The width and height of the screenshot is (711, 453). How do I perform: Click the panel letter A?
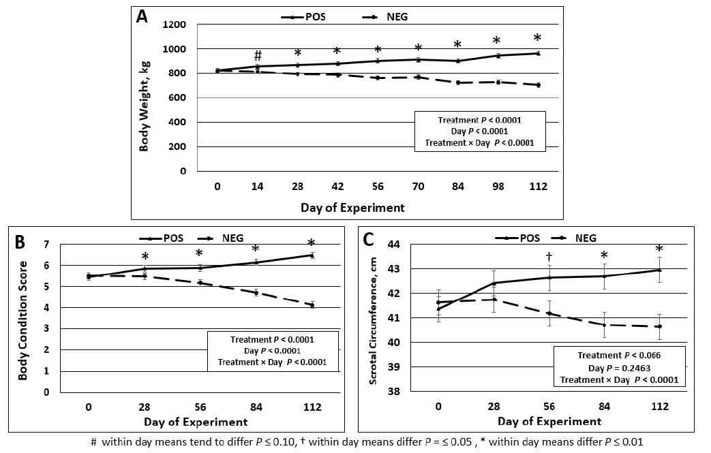point(142,17)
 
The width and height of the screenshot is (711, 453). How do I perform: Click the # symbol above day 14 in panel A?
point(258,55)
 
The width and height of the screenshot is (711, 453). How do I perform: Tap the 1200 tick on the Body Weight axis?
point(174,25)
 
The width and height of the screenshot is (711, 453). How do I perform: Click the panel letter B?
point(20,242)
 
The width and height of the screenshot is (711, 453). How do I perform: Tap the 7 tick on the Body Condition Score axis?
point(46,244)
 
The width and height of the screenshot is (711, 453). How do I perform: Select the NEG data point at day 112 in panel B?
point(312,305)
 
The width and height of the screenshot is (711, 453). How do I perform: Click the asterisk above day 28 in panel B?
point(145,257)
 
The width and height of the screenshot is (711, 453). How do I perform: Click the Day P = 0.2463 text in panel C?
point(618,368)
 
